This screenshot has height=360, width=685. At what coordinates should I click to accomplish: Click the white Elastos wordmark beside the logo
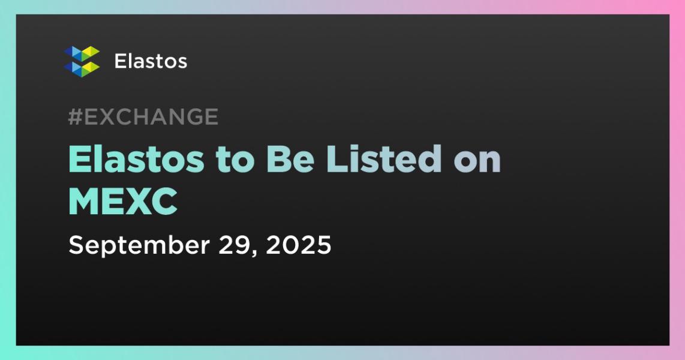click(151, 61)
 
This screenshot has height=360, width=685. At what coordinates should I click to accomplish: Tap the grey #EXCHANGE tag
click(143, 116)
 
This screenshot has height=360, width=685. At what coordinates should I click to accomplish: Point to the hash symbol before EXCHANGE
click(75, 116)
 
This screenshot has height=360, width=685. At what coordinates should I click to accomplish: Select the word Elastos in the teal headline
click(136, 159)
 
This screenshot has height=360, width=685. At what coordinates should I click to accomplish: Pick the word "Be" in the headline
click(290, 159)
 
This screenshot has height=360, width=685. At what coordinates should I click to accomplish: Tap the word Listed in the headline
click(383, 159)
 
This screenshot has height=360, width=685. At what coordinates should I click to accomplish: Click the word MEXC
click(123, 202)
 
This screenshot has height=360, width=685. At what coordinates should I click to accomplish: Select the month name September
click(139, 245)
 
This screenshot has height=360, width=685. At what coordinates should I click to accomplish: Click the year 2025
click(298, 245)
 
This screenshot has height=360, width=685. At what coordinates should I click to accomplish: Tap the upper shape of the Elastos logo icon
click(82, 53)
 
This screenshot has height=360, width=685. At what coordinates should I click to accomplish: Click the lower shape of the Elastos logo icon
click(82, 69)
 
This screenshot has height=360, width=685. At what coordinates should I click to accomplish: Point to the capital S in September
click(76, 245)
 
